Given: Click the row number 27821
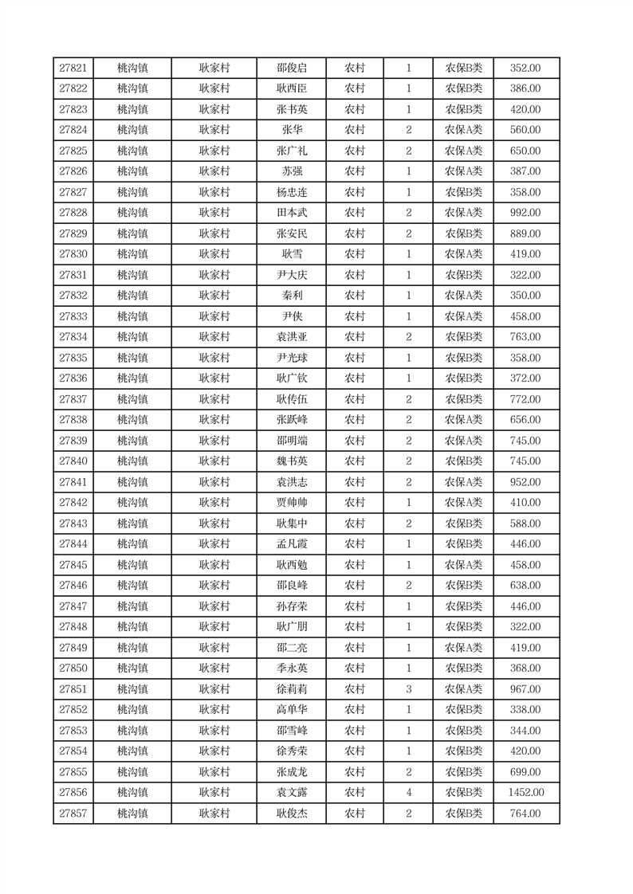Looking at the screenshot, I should click(x=73, y=69).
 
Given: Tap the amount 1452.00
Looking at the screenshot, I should click(x=525, y=793).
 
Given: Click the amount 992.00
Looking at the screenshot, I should click(x=525, y=213).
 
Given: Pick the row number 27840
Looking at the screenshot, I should click(x=73, y=461).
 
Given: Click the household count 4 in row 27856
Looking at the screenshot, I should click(x=409, y=793).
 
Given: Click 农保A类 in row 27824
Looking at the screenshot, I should click(x=463, y=130).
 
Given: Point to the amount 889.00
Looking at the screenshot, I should click(x=525, y=233).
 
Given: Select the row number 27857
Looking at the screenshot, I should click(x=73, y=814).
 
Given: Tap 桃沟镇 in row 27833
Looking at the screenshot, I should click(x=132, y=316).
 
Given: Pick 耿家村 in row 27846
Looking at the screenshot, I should click(x=214, y=586).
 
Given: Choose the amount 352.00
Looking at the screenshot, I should click(x=525, y=69).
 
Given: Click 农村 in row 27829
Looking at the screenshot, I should click(x=355, y=233).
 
